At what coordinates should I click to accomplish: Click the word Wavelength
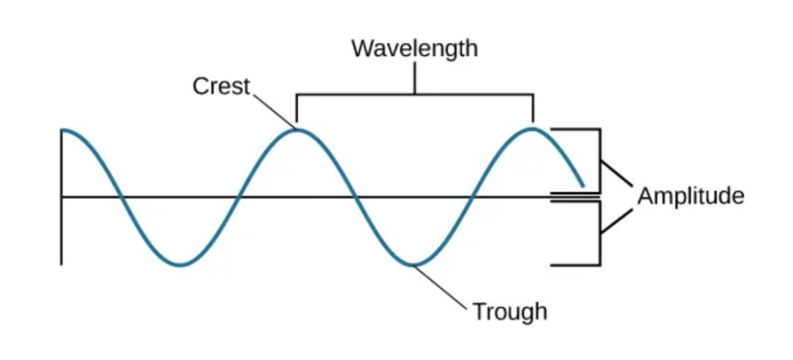414,48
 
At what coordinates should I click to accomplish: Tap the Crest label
221,86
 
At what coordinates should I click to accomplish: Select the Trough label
510,310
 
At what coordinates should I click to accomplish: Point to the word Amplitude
690,196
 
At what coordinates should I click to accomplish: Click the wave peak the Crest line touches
299,129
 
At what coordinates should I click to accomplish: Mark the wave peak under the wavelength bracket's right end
532,128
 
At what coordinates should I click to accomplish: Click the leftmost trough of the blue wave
180,265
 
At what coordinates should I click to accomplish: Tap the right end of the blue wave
583,186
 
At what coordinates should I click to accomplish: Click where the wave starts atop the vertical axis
62,130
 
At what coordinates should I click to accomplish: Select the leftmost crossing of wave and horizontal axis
121,197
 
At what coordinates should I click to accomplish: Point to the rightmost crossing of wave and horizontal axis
472,197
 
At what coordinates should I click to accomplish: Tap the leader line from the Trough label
442,287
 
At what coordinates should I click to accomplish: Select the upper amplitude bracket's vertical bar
600,159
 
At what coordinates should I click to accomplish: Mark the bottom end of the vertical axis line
62,263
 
